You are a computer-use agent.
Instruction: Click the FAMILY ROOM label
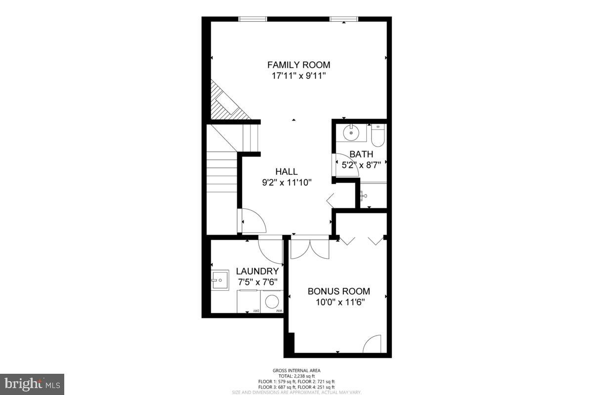(x=298, y=65)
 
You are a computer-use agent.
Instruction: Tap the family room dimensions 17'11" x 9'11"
(x=298, y=76)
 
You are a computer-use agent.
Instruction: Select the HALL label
(x=286, y=171)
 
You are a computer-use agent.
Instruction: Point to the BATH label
(x=361, y=154)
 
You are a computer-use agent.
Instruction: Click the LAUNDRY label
(x=257, y=271)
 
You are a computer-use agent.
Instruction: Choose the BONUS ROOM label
(x=339, y=291)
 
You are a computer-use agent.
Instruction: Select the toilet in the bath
(x=378, y=135)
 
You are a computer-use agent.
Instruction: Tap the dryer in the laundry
(x=249, y=301)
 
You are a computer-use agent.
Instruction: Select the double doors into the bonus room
(x=310, y=248)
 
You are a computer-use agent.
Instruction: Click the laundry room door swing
(x=271, y=250)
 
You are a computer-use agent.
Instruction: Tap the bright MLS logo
(x=32, y=384)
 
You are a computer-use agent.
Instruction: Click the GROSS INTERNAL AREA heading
(x=296, y=370)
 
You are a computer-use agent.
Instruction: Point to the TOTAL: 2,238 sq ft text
(x=296, y=376)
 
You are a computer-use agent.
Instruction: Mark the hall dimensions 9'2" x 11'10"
(x=286, y=182)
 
